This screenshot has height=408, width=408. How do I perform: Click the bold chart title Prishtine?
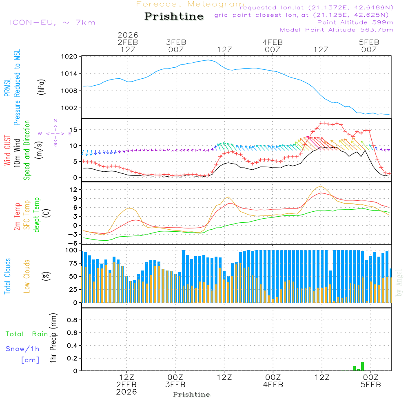pos(174,16)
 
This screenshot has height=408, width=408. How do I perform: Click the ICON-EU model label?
pos(52,22)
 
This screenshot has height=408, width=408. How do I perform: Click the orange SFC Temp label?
pos(27,215)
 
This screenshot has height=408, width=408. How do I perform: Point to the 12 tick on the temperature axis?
pos(73,190)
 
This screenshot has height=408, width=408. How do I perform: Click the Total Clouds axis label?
pos(8,276)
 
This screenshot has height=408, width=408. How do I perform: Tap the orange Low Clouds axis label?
pos(27,276)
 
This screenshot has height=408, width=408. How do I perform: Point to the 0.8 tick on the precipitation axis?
pos(72,320)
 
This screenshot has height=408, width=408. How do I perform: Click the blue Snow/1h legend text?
pos(23,349)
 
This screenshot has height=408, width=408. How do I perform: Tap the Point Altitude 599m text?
pos(355,22)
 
